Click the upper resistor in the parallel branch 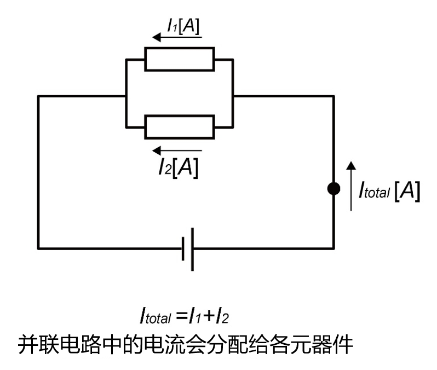[x=180, y=59]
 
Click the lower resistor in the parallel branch [x=180, y=127]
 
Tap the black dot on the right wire [x=332, y=189]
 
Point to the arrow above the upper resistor [x=177, y=37]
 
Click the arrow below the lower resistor [x=177, y=150]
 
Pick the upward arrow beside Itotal [x=352, y=186]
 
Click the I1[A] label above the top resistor [x=184, y=25]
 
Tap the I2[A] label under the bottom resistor [x=177, y=166]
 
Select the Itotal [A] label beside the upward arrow [x=389, y=191]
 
